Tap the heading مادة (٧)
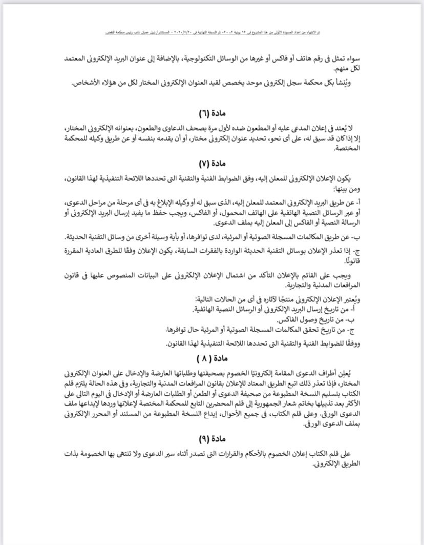click(211, 165)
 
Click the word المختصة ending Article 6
click(350, 149)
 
